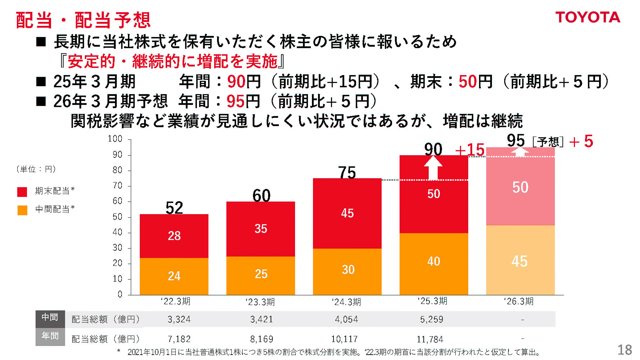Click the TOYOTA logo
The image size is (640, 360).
588,17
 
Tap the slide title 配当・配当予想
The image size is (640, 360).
83,20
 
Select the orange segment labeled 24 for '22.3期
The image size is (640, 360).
174,276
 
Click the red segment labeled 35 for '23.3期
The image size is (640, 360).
261,229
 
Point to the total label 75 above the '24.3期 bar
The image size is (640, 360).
347,173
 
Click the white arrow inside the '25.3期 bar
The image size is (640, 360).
433,168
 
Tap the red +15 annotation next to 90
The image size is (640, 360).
470,150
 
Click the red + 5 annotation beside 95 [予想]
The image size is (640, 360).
581,142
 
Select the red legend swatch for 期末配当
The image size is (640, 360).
22,191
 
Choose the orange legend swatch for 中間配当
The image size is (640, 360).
22,210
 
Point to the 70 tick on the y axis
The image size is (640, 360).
118,186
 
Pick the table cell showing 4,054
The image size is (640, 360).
346,319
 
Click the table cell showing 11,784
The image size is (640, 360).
430,339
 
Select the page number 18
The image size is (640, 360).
625,350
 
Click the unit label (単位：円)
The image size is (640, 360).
36,169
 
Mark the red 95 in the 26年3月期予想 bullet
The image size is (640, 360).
235,102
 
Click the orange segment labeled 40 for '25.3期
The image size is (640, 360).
433,262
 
